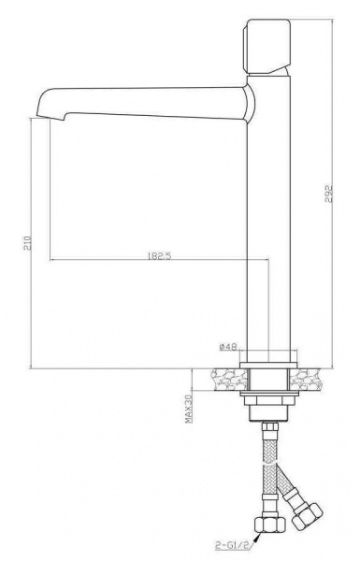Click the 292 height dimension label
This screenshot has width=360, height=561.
point(328,194)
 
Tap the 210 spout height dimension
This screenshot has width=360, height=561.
point(28,243)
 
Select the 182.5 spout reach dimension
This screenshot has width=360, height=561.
point(159,256)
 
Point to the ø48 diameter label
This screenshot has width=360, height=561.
point(227,346)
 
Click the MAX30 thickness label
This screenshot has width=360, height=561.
point(189,409)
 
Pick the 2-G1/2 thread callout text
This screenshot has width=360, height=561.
point(230,545)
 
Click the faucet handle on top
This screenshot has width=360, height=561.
point(266,47)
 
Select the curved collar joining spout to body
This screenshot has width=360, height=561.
point(251,104)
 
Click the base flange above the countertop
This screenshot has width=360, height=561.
point(268,365)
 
